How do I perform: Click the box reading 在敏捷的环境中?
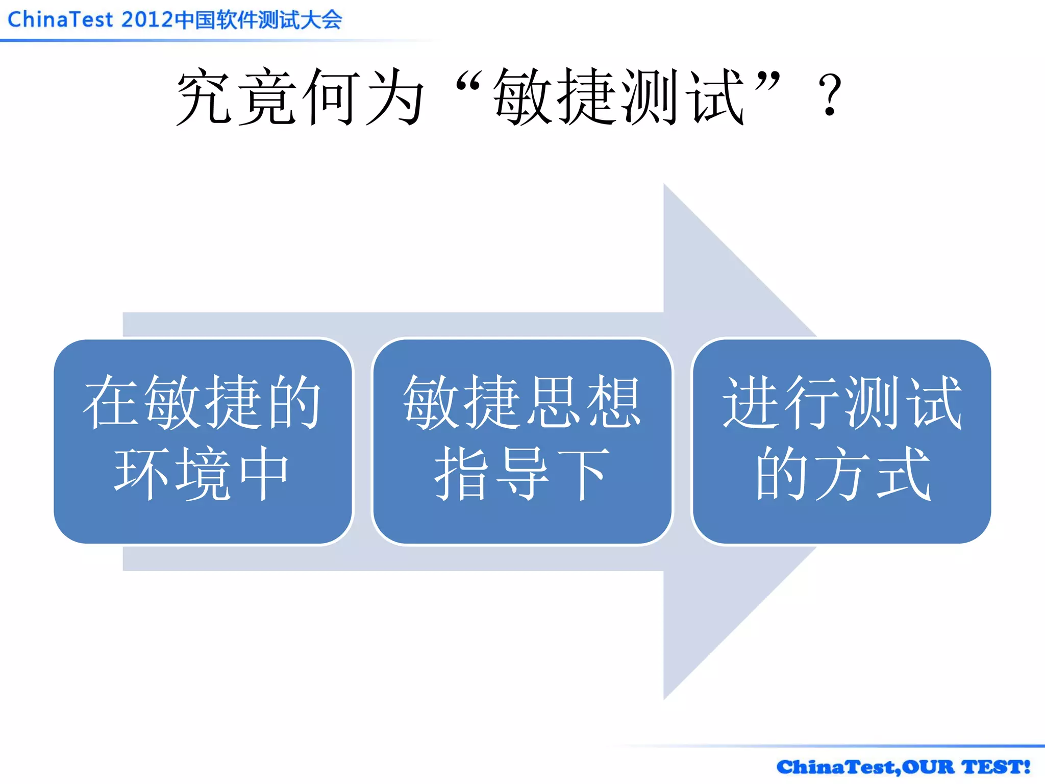203,442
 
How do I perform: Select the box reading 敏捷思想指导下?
522,442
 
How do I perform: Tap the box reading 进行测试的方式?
841,442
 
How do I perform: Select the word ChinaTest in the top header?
60,20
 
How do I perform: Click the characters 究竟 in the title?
237,97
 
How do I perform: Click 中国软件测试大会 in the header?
258,20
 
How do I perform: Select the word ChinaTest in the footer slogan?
836,767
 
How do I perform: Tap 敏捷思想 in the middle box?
522,402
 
